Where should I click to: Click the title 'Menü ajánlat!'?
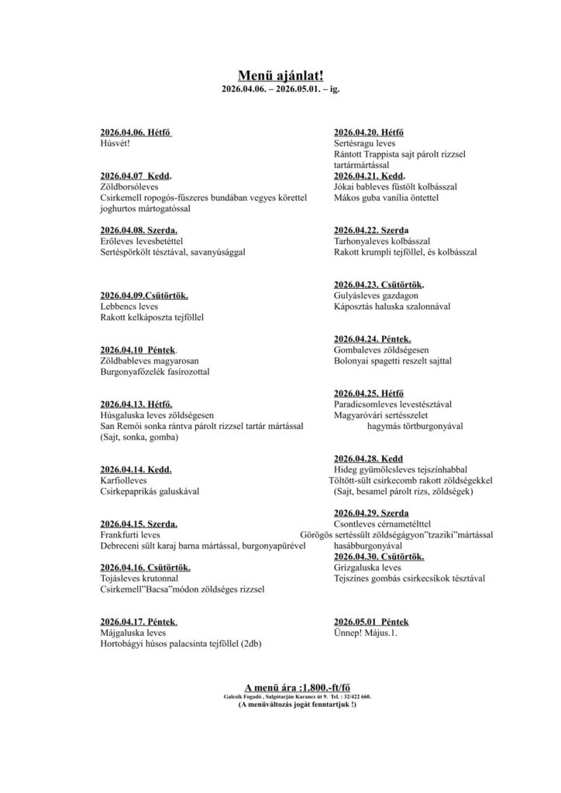[x=280, y=74]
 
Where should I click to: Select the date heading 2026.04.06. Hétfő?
[x=136, y=132]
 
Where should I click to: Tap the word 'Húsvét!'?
[x=116, y=143]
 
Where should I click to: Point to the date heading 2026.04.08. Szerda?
[x=139, y=231]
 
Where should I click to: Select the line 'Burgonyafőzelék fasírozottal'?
[x=155, y=372]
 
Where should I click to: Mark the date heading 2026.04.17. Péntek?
[x=139, y=622]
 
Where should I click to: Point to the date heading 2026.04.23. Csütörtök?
[x=379, y=284]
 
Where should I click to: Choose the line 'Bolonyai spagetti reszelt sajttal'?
[x=392, y=361]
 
